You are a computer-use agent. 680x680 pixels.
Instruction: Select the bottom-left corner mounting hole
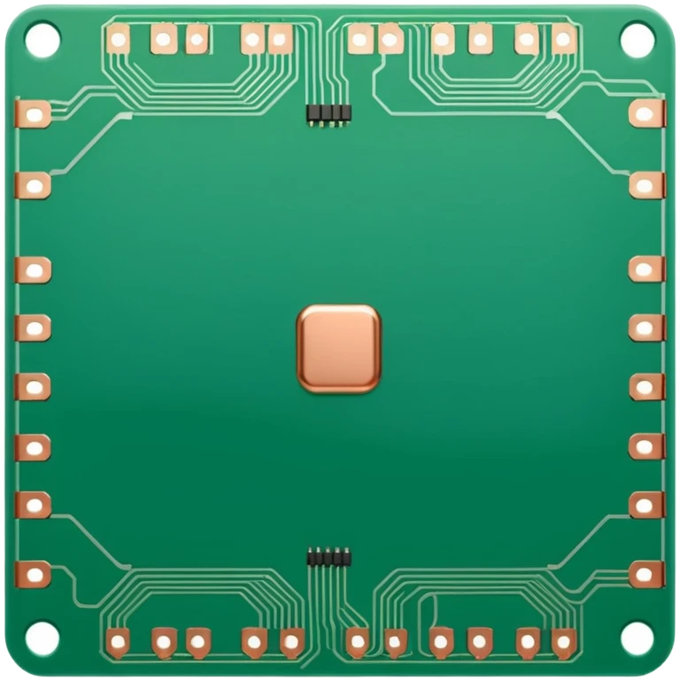(41, 638)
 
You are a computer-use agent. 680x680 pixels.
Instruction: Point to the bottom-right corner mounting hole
(637, 638)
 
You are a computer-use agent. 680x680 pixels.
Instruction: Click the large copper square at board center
(338, 349)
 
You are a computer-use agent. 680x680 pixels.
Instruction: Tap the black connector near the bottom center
(328, 558)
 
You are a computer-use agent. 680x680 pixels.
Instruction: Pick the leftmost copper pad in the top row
(118, 38)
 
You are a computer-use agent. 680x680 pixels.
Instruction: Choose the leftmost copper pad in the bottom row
(117, 640)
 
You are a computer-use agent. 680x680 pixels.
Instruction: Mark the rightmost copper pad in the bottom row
(562, 640)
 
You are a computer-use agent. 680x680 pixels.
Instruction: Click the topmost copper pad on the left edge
(34, 113)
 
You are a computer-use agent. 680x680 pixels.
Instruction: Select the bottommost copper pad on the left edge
(34, 575)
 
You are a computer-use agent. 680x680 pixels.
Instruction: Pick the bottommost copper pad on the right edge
(646, 575)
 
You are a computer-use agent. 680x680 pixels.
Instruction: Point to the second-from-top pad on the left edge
(34, 185)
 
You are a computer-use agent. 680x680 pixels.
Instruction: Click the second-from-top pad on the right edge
(646, 185)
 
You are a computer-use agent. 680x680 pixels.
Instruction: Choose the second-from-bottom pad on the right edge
(646, 505)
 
